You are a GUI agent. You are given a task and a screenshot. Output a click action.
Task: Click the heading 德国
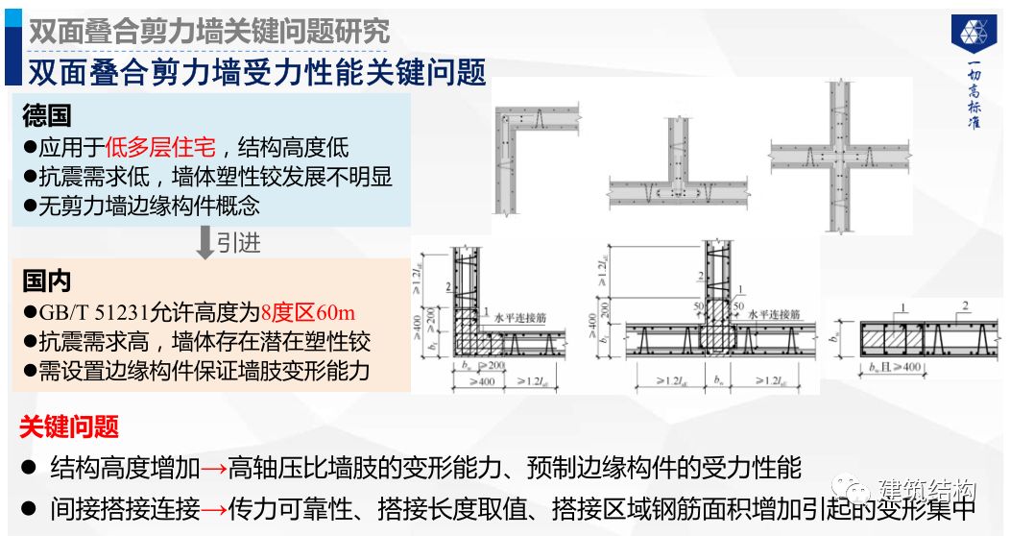click(46, 116)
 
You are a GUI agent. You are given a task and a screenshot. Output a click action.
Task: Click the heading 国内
click(46, 281)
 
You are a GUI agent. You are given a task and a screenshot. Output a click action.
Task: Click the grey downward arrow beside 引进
click(204, 243)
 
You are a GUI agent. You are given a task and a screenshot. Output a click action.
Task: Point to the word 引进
click(238, 243)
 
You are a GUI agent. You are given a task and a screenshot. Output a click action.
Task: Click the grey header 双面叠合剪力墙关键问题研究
click(209, 30)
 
